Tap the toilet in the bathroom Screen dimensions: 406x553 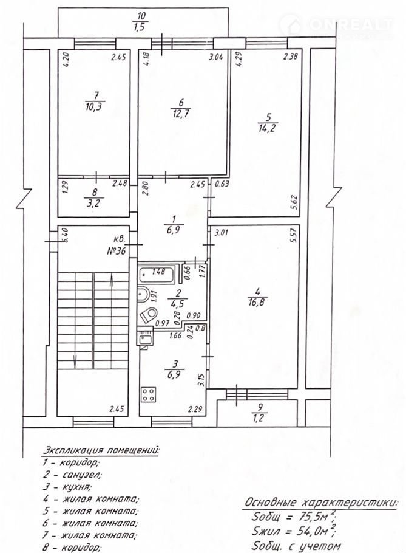click(x=149, y=315)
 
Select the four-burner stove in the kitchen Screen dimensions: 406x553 click(x=149, y=394)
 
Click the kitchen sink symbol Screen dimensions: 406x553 click(x=145, y=339)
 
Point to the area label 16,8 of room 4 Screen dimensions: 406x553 click(x=257, y=301)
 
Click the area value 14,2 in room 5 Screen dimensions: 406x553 click(x=266, y=128)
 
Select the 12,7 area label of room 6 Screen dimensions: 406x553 click(x=181, y=114)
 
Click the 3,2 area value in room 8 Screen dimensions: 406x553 click(x=94, y=204)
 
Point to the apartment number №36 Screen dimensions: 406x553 click(x=116, y=251)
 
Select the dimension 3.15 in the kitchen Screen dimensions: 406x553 click(x=201, y=380)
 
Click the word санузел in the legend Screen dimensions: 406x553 click(x=82, y=475)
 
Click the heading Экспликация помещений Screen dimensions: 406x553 click(x=101, y=450)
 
